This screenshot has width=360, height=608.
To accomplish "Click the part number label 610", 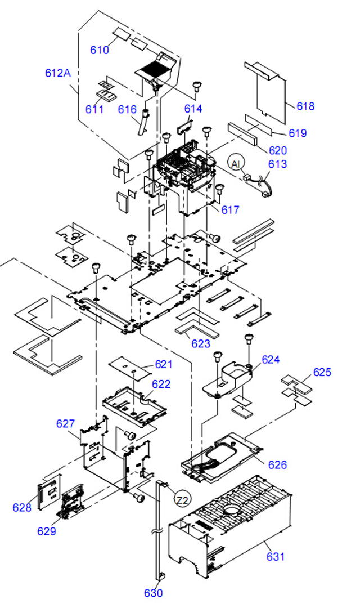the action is click(100, 50).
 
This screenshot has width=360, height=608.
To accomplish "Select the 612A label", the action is click(58, 73).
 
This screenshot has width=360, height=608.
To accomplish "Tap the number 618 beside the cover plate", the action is click(305, 106).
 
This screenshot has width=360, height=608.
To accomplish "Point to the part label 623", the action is click(201, 343).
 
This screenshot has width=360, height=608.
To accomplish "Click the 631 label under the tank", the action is click(276, 556).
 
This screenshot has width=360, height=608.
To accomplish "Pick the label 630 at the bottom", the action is click(153, 593).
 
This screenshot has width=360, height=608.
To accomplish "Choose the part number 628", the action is click(22, 507).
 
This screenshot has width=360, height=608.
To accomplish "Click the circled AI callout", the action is click(236, 164).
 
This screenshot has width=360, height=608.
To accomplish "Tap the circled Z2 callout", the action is click(182, 500).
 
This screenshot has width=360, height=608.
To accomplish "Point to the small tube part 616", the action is click(143, 122).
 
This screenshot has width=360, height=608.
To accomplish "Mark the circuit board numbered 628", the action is click(49, 490).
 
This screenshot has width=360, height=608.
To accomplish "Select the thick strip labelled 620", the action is click(242, 134).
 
